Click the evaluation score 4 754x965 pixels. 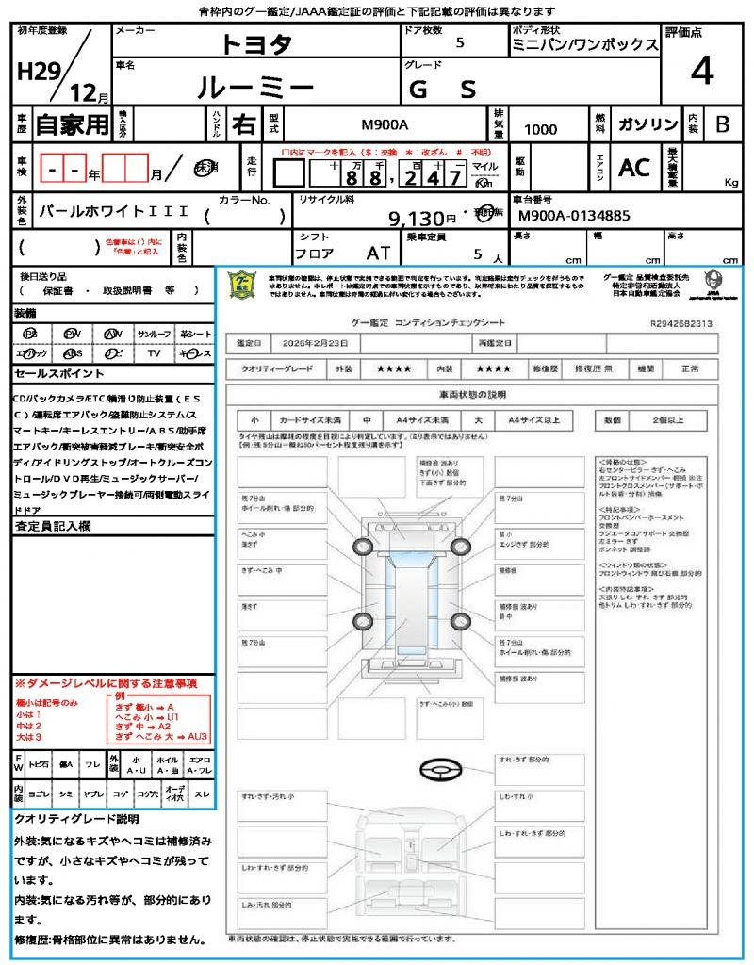(700, 71)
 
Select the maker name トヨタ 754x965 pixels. (256, 43)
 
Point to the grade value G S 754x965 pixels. (443, 89)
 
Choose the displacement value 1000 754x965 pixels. (540, 130)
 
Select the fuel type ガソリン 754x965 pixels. (647, 125)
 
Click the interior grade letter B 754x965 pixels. (722, 125)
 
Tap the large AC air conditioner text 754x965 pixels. (634, 167)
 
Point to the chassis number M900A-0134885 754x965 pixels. (575, 217)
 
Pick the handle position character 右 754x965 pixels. (244, 124)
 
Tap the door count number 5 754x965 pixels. (459, 42)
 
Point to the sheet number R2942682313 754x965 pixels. (681, 323)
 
